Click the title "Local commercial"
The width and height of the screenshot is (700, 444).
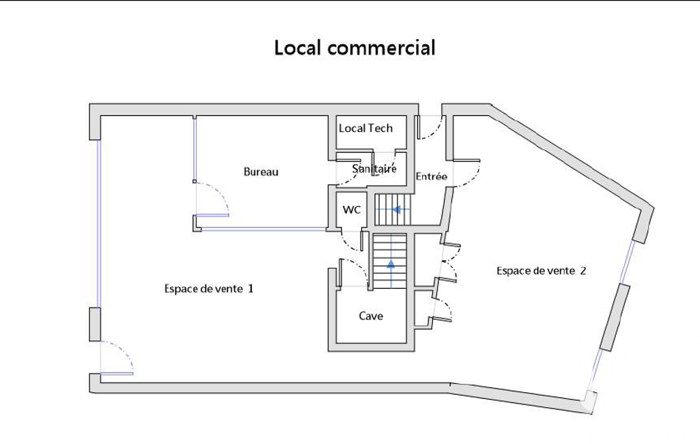pos(354,48)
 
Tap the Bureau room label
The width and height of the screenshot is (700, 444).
pos(261,172)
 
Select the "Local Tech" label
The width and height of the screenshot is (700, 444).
pos(365,128)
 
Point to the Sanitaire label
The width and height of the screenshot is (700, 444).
pos(374,169)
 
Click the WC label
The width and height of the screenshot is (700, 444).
pos(352,210)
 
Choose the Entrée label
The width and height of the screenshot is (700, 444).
pos(431,176)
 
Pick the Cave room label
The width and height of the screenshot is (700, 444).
pos(371,316)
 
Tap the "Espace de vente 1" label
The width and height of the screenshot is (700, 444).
pos(209,289)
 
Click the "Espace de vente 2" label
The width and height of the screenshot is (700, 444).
pos(542,270)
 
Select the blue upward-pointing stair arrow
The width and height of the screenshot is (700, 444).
pos(391,264)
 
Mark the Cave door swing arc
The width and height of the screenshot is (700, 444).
pos(359,266)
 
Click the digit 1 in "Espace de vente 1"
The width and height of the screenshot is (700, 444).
pos(251,289)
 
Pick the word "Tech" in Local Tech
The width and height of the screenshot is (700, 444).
pos(381,128)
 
